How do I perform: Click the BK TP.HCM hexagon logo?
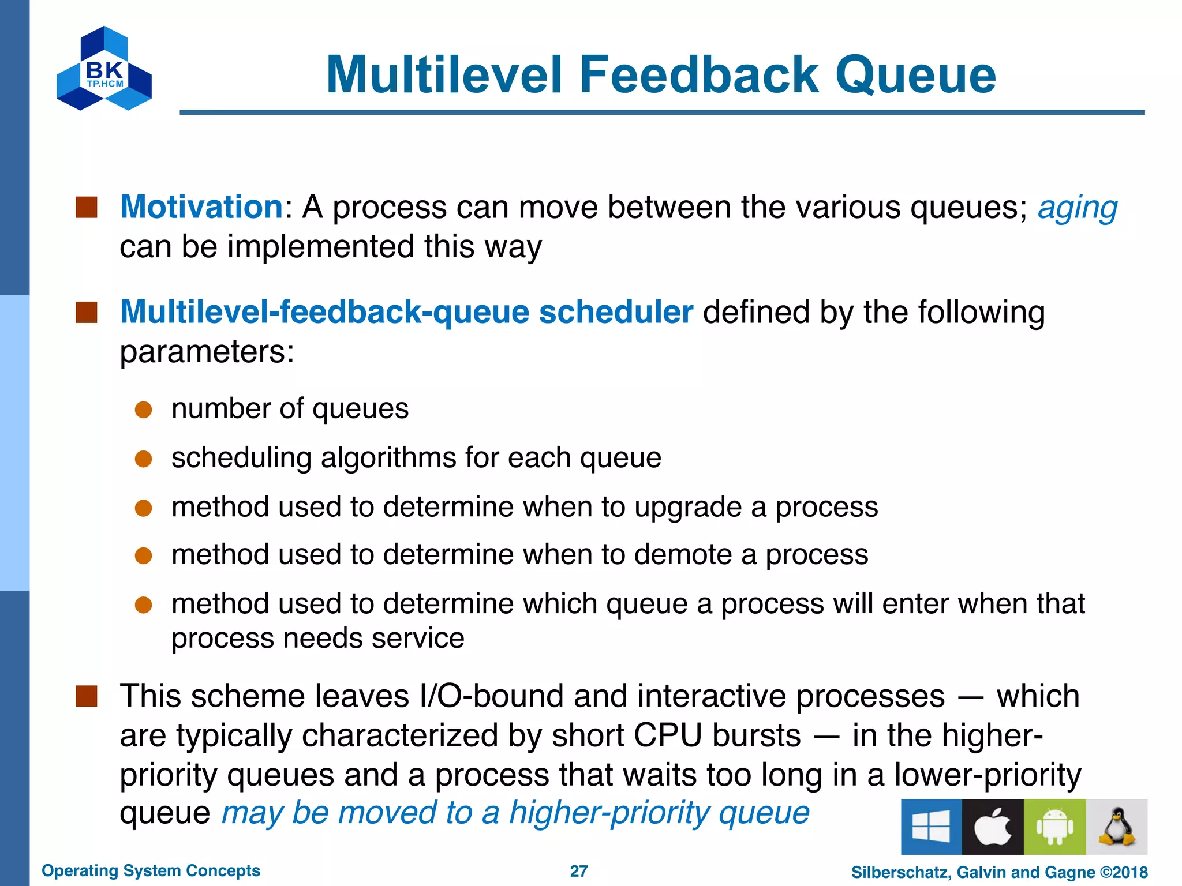click(104, 68)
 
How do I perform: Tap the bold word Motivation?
click(201, 207)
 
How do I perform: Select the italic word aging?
click(1077, 208)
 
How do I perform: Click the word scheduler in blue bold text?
click(615, 312)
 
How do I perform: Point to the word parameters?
click(207, 351)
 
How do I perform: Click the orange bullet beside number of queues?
click(143, 410)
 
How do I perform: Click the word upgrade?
click(687, 508)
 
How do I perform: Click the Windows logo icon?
click(931, 827)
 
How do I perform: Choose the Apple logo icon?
click(993, 827)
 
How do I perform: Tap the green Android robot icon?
click(1054, 827)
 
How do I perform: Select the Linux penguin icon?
click(1116, 827)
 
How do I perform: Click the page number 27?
click(578, 871)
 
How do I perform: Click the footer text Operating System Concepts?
click(151, 870)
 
